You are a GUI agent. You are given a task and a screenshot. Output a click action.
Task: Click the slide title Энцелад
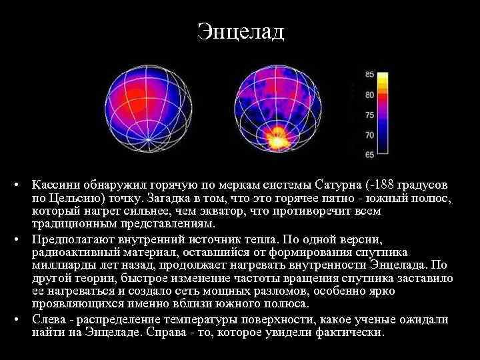[240, 31]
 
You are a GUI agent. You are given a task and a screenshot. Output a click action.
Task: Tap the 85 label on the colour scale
[369, 75]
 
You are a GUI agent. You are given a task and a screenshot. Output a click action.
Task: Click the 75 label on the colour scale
[369, 115]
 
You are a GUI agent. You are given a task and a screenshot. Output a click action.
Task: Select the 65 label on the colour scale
[369, 155]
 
